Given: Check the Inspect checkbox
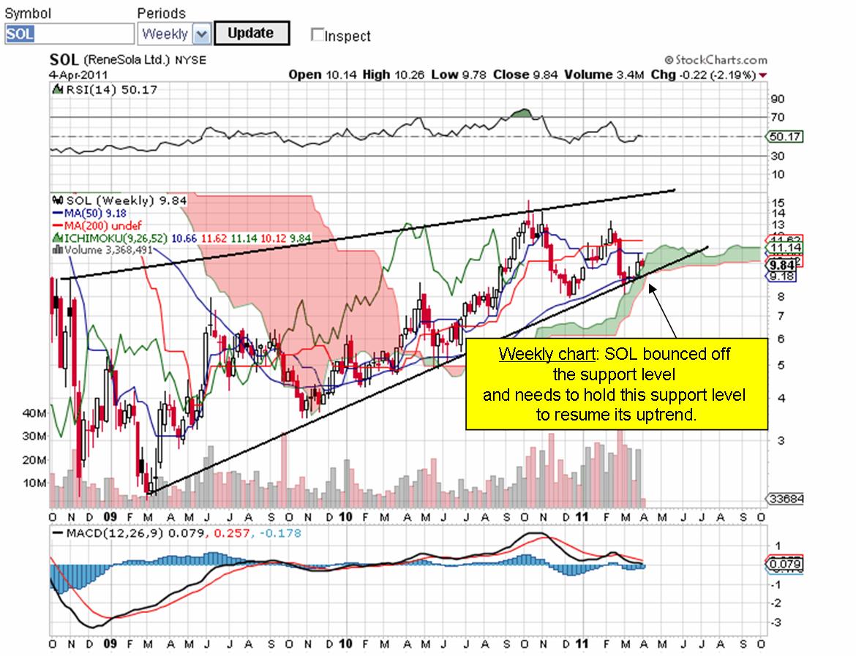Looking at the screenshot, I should (x=317, y=34).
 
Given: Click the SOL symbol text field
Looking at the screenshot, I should (x=70, y=34).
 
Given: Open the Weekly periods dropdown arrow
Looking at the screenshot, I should (x=202, y=34).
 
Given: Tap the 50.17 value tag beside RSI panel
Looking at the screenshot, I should (x=784, y=136).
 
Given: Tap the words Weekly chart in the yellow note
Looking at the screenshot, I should (x=545, y=355).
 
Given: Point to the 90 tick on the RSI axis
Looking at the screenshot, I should (x=777, y=99).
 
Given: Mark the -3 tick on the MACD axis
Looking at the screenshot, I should (x=777, y=622).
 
